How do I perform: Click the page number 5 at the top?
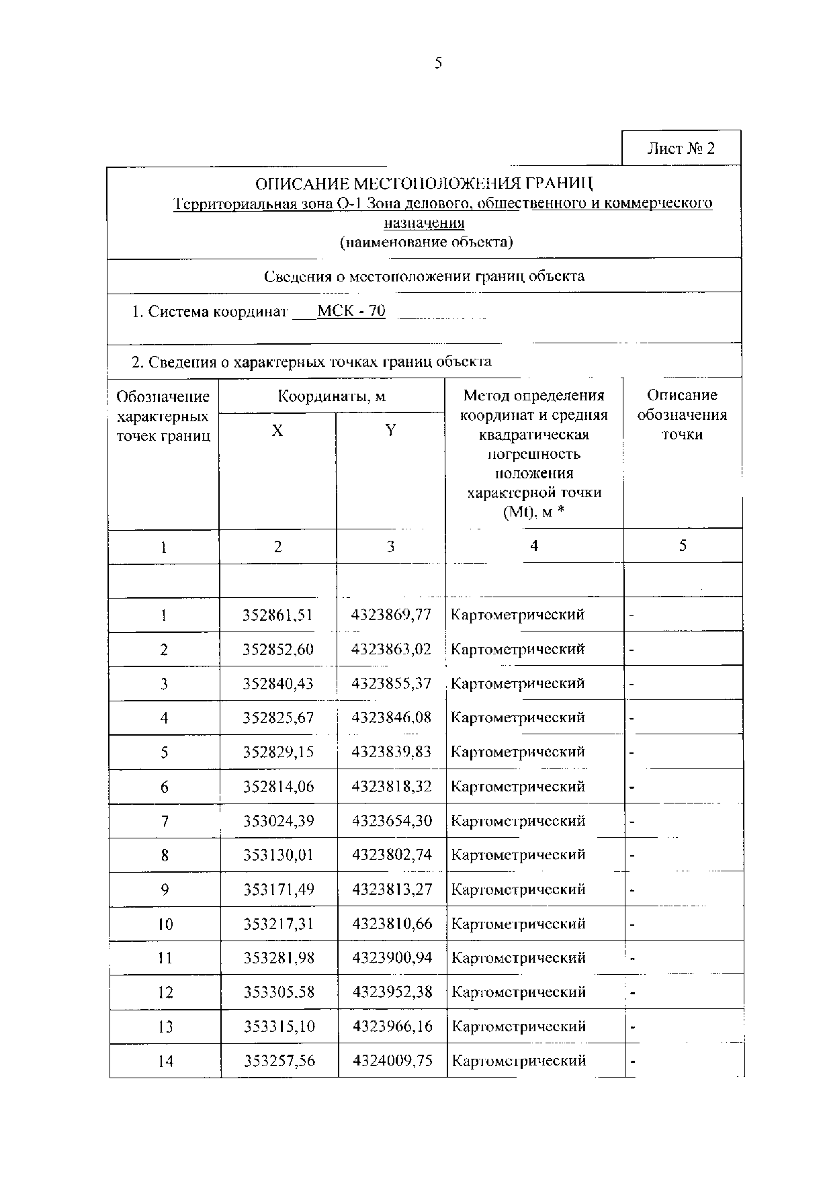coord(438,63)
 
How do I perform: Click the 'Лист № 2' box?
coord(681,148)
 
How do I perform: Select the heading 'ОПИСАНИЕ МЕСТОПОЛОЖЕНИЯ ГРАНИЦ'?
coord(425,183)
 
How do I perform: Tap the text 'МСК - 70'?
coord(351,311)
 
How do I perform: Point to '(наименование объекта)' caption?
coord(426,243)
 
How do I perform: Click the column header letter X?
coord(277,431)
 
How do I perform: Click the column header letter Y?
coord(390,431)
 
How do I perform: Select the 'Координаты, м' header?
coord(331,396)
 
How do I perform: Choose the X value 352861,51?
coord(277,615)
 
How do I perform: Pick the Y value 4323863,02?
coord(392,649)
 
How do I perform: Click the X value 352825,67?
coord(278,718)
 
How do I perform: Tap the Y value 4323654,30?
coord(392,821)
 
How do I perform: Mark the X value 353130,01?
coord(278,855)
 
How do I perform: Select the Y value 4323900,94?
coord(392,958)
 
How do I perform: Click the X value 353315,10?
coord(279,1027)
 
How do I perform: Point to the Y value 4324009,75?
coord(393,1061)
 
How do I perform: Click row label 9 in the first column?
coord(165,890)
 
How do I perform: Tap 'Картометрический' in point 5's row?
coord(517,752)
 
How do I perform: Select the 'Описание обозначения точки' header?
coord(682,415)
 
